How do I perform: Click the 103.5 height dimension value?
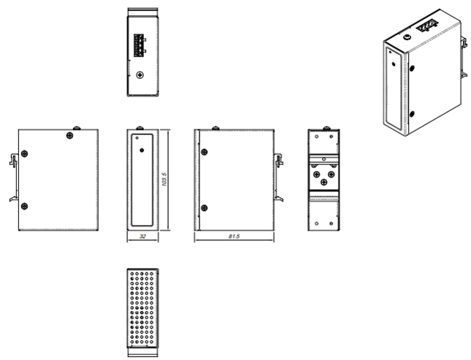164,180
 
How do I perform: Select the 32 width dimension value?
142,237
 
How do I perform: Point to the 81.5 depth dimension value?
234,237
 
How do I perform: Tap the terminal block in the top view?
139,45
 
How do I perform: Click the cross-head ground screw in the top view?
140,74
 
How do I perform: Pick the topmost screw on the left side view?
69,136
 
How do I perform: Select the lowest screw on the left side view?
25,206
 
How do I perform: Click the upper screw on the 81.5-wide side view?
204,152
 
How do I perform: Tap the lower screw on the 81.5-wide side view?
204,207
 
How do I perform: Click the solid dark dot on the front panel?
142,150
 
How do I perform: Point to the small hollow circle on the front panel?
137,138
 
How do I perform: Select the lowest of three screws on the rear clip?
323,182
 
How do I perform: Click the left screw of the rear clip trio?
317,175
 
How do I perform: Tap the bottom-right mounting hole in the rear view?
332,223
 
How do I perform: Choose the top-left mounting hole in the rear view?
317,137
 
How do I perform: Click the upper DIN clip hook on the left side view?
13,159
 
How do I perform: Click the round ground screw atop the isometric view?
407,37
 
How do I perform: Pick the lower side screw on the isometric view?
412,114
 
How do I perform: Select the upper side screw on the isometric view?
412,69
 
